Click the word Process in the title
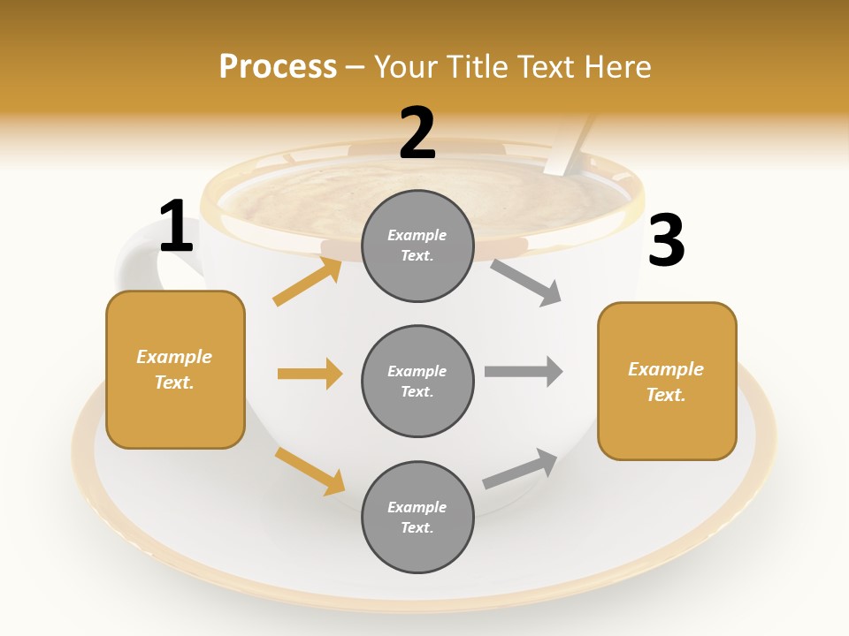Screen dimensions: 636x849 (278, 67)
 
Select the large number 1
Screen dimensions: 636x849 (176, 227)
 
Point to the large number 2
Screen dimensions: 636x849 (417, 133)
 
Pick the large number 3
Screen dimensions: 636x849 (666, 240)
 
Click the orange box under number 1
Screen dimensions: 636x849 (175, 369)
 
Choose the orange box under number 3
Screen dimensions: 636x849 (667, 382)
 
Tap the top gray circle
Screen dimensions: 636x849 (417, 246)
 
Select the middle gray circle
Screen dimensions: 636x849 (417, 381)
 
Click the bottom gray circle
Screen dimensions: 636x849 (417, 517)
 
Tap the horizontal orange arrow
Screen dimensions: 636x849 (310, 374)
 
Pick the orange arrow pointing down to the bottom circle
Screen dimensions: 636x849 (310, 471)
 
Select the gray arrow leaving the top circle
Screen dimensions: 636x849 (526, 282)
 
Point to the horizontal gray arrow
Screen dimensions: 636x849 (523, 372)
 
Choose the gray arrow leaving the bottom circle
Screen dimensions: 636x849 (520, 469)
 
